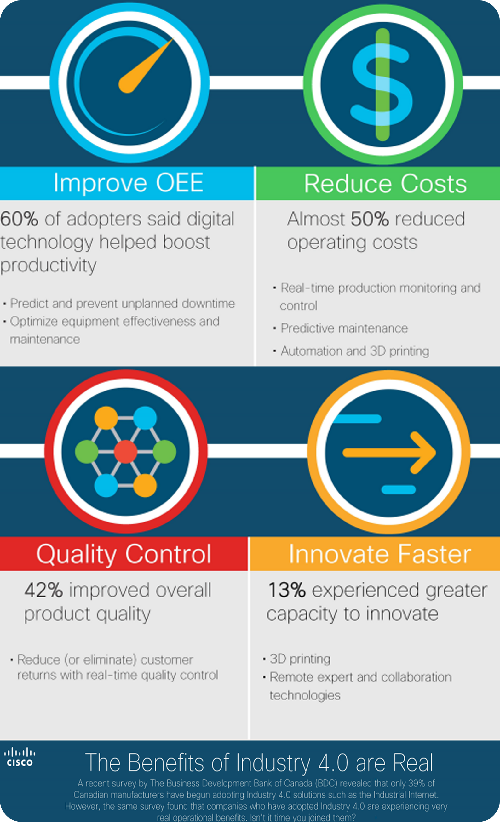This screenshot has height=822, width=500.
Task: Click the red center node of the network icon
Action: click(x=125, y=452)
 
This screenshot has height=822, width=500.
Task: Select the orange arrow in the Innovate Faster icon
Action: click(x=389, y=453)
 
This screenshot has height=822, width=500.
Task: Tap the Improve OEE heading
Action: click(x=129, y=183)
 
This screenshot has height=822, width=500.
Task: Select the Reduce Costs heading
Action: click(x=386, y=184)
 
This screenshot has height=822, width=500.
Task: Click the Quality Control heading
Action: click(x=124, y=554)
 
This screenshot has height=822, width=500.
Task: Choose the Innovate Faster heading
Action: click(x=380, y=554)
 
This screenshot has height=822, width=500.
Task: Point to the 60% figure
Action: click(x=19, y=219)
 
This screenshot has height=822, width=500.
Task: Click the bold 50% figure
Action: click(x=370, y=219)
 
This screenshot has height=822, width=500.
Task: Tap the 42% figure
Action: click(x=44, y=590)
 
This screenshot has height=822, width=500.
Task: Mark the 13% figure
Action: click(x=287, y=590)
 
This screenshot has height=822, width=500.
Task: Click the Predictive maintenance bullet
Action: click(x=344, y=328)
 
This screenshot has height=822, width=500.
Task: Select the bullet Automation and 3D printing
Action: click(x=355, y=351)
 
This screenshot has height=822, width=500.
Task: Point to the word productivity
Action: click(x=49, y=266)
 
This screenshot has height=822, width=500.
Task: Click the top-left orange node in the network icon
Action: click(x=106, y=418)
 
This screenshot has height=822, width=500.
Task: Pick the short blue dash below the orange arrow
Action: click(x=399, y=489)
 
